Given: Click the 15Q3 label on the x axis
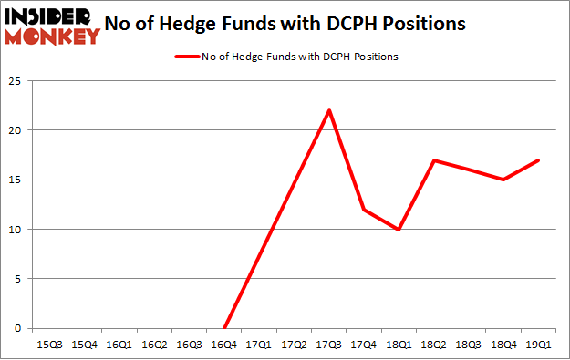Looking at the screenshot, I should point(48,345).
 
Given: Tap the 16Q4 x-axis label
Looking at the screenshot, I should point(223,345).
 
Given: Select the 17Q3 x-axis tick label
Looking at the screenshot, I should point(328,345).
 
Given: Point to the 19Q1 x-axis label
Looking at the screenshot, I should point(538,345).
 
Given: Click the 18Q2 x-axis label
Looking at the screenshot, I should point(433,345).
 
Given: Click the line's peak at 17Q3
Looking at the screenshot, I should point(328,110).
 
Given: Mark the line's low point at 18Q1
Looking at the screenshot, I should point(399,229).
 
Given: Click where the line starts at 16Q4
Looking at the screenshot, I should point(223,328).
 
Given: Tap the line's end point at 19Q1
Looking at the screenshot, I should point(538,160).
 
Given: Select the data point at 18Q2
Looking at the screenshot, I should point(433,160).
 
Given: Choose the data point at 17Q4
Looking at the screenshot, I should point(364,210).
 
